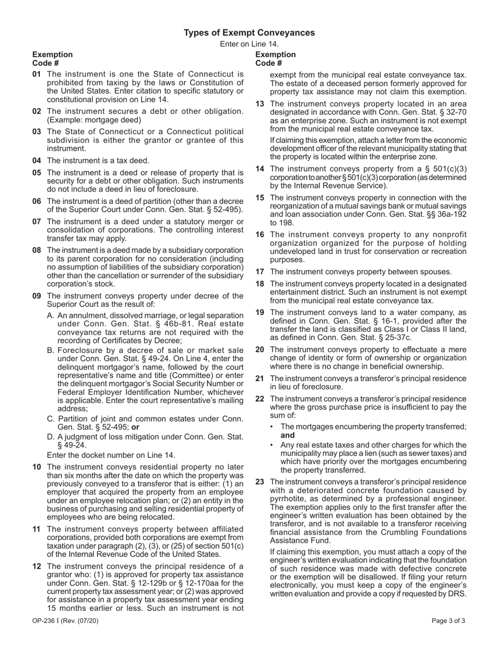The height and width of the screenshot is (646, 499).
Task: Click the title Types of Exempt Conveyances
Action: [x=249, y=33]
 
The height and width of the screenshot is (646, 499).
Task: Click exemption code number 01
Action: [x=36, y=74]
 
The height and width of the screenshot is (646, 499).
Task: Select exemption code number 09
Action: [x=36, y=296]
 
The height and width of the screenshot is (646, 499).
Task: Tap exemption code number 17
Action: [x=259, y=272]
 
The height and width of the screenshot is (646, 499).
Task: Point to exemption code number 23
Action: [x=259, y=482]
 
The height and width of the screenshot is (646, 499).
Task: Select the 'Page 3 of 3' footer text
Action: [x=448, y=621]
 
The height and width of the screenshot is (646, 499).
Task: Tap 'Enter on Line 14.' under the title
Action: [x=249, y=44]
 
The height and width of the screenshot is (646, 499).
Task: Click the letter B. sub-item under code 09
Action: [x=51, y=350]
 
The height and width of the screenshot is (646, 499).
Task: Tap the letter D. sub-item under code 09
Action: [x=51, y=436]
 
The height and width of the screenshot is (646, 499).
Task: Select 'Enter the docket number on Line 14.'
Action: [x=111, y=455]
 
